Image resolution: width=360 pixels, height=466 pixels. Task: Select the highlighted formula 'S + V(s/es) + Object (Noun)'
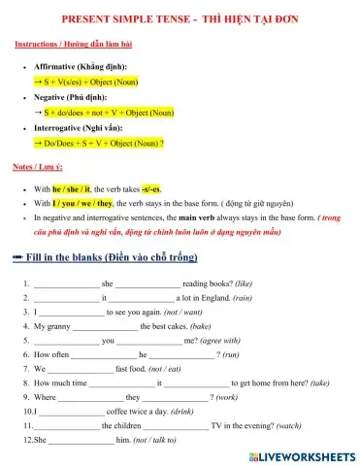point(101,83)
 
